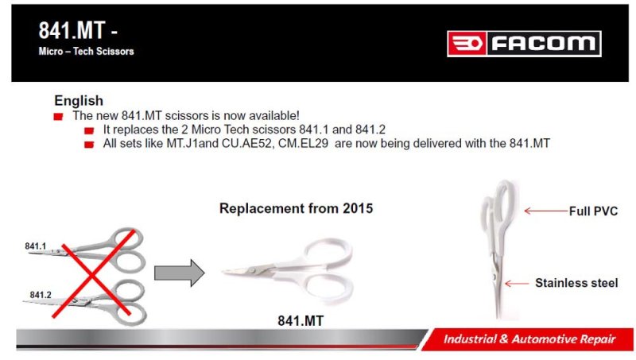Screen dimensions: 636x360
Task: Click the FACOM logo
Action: click(x=524, y=44)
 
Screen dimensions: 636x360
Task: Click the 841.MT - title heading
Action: click(x=78, y=30)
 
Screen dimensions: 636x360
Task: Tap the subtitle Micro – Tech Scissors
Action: click(x=86, y=52)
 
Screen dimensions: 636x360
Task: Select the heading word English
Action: click(x=79, y=101)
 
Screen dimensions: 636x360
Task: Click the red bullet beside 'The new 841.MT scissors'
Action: click(x=58, y=117)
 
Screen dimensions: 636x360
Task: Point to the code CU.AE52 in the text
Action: click(x=246, y=144)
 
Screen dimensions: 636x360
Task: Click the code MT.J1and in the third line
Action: click(x=192, y=144)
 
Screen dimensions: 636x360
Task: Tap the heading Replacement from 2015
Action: click(x=296, y=208)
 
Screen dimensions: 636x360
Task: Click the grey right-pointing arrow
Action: click(x=180, y=273)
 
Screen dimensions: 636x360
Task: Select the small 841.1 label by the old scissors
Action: click(x=35, y=246)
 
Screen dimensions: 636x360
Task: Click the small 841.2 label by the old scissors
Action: click(x=41, y=295)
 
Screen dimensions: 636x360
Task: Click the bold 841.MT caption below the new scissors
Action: click(x=301, y=321)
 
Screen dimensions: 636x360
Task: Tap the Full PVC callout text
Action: click(x=593, y=211)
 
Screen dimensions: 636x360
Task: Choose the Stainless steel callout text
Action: click(x=576, y=283)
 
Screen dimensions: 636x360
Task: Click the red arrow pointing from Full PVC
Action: click(x=546, y=211)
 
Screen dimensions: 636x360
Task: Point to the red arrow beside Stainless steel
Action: click(x=517, y=284)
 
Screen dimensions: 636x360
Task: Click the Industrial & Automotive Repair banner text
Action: click(x=529, y=339)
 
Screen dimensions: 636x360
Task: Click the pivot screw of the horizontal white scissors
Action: click(x=253, y=270)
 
